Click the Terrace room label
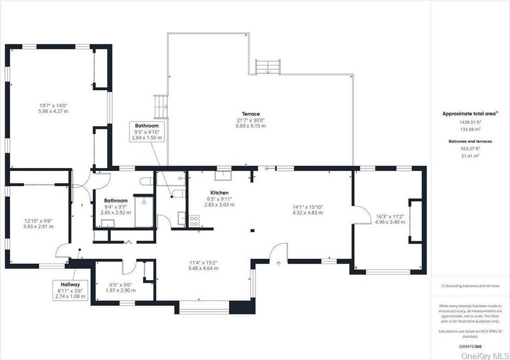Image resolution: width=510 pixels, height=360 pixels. point(250,114)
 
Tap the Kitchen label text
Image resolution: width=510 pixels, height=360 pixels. point(219,193)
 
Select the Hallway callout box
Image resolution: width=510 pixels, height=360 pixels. point(71,290)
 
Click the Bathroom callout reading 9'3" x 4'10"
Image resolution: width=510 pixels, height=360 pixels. point(147,131)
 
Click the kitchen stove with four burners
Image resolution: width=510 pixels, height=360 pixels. point(194,220)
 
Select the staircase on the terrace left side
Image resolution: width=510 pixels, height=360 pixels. point(161,105)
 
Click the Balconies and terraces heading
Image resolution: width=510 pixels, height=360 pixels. point(470,141)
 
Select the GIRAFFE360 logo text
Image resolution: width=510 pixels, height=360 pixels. point(470,346)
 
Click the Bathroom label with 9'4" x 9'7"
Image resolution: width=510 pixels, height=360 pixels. point(116,201)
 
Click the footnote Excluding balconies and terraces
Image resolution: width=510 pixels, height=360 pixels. point(470,286)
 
